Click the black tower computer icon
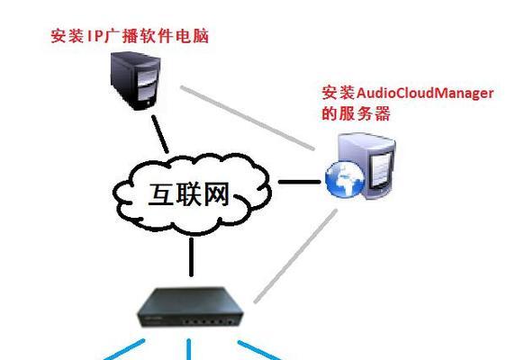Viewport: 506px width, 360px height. [135, 81]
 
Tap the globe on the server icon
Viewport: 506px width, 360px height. [345, 179]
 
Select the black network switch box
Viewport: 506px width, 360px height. [190, 308]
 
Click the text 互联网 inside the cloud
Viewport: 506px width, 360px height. [189, 194]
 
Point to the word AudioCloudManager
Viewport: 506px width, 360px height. [425, 94]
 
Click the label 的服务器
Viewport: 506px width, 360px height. [356, 113]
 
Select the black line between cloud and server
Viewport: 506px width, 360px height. [299, 182]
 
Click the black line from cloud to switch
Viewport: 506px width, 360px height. [192, 257]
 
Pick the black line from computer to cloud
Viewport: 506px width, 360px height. [160, 134]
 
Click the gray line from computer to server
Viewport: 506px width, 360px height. [248, 118]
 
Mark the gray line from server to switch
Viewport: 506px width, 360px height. [295, 256]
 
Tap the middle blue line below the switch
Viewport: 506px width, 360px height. [189, 349]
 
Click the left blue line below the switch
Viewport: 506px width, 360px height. [124, 350]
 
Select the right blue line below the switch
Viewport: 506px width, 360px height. [259, 350]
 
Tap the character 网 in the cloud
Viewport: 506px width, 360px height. [216, 194]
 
